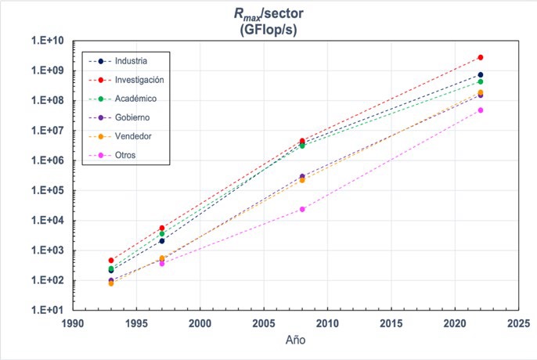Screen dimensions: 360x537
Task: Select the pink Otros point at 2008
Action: (x=302, y=209)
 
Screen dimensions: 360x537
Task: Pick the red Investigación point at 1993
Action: (x=111, y=260)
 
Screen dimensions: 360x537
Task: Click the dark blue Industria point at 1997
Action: (x=162, y=241)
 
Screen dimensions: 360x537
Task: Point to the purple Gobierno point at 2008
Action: (x=302, y=177)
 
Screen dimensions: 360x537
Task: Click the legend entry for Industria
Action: (x=131, y=61)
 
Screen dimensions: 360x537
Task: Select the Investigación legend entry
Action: (x=139, y=80)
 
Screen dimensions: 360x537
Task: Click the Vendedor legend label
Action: (x=134, y=136)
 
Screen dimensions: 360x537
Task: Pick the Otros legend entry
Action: (x=125, y=155)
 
